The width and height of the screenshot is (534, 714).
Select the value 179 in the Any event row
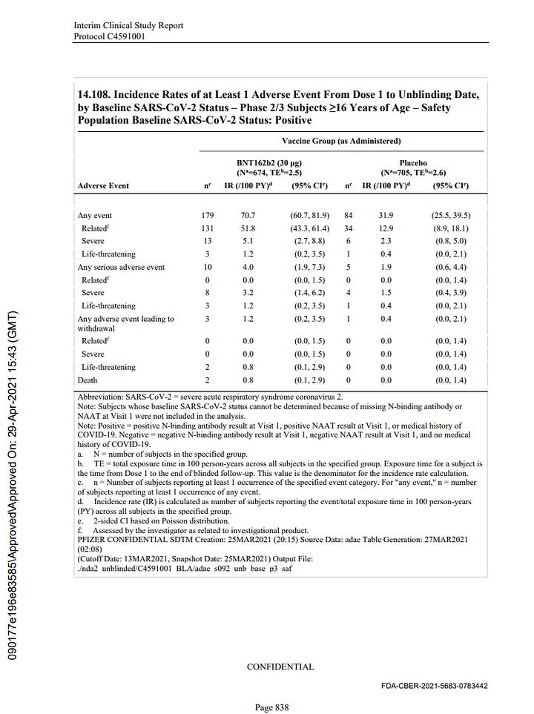click(x=207, y=215)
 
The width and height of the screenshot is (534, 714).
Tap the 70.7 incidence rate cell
click(x=247, y=215)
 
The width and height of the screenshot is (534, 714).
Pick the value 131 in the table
click(x=207, y=228)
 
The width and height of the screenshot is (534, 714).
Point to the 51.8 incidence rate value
click(x=247, y=228)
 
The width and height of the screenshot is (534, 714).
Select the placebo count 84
click(x=347, y=215)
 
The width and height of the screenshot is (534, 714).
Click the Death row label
click(x=88, y=380)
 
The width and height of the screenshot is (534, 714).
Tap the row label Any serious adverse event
click(x=121, y=267)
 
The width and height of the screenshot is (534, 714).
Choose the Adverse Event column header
click(x=103, y=185)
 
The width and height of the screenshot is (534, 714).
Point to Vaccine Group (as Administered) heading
click(x=341, y=140)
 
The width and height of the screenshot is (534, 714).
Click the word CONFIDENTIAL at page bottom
click(x=280, y=667)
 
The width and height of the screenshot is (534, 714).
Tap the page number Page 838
click(x=271, y=707)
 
